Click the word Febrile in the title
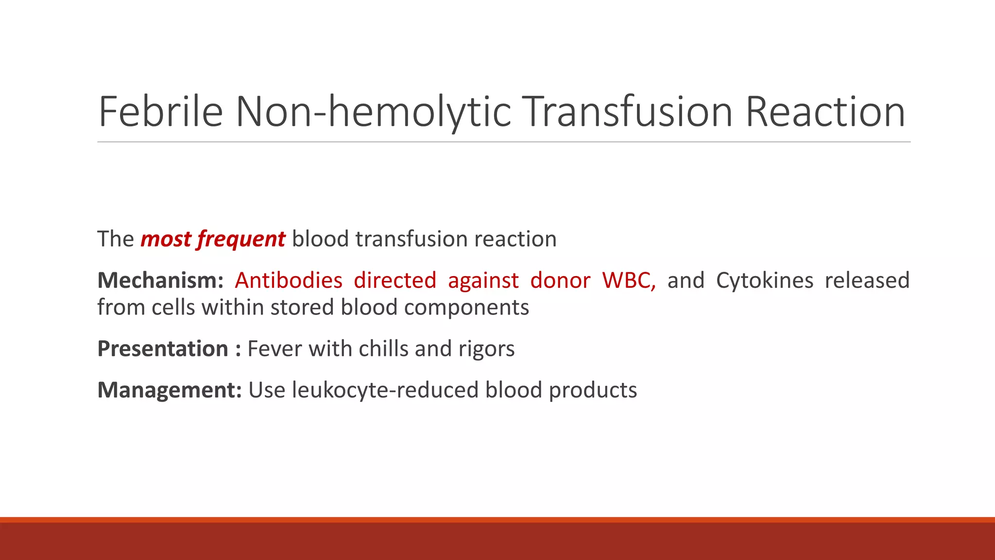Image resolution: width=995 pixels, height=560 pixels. pyautogui.click(x=160, y=112)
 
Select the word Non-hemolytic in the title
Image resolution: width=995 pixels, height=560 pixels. pyautogui.click(x=373, y=112)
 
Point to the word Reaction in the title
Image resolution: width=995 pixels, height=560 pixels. pyautogui.click(x=825, y=112)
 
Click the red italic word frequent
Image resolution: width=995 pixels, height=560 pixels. pyautogui.click(x=241, y=239)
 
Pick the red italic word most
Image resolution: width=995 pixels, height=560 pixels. pyautogui.click(x=166, y=239)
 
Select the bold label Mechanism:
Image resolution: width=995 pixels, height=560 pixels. pyautogui.click(x=160, y=280)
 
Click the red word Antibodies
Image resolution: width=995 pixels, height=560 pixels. pyautogui.click(x=289, y=280)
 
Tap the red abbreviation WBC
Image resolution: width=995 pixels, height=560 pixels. pyautogui.click(x=628, y=280)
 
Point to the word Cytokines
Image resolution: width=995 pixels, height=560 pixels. pyautogui.click(x=764, y=280)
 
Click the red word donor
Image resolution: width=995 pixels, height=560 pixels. pyautogui.click(x=560, y=280)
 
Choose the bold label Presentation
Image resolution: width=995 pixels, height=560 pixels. pyautogui.click(x=163, y=349)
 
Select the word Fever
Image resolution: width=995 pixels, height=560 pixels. pyautogui.click(x=274, y=349)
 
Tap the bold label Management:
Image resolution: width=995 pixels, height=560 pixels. pyautogui.click(x=170, y=390)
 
